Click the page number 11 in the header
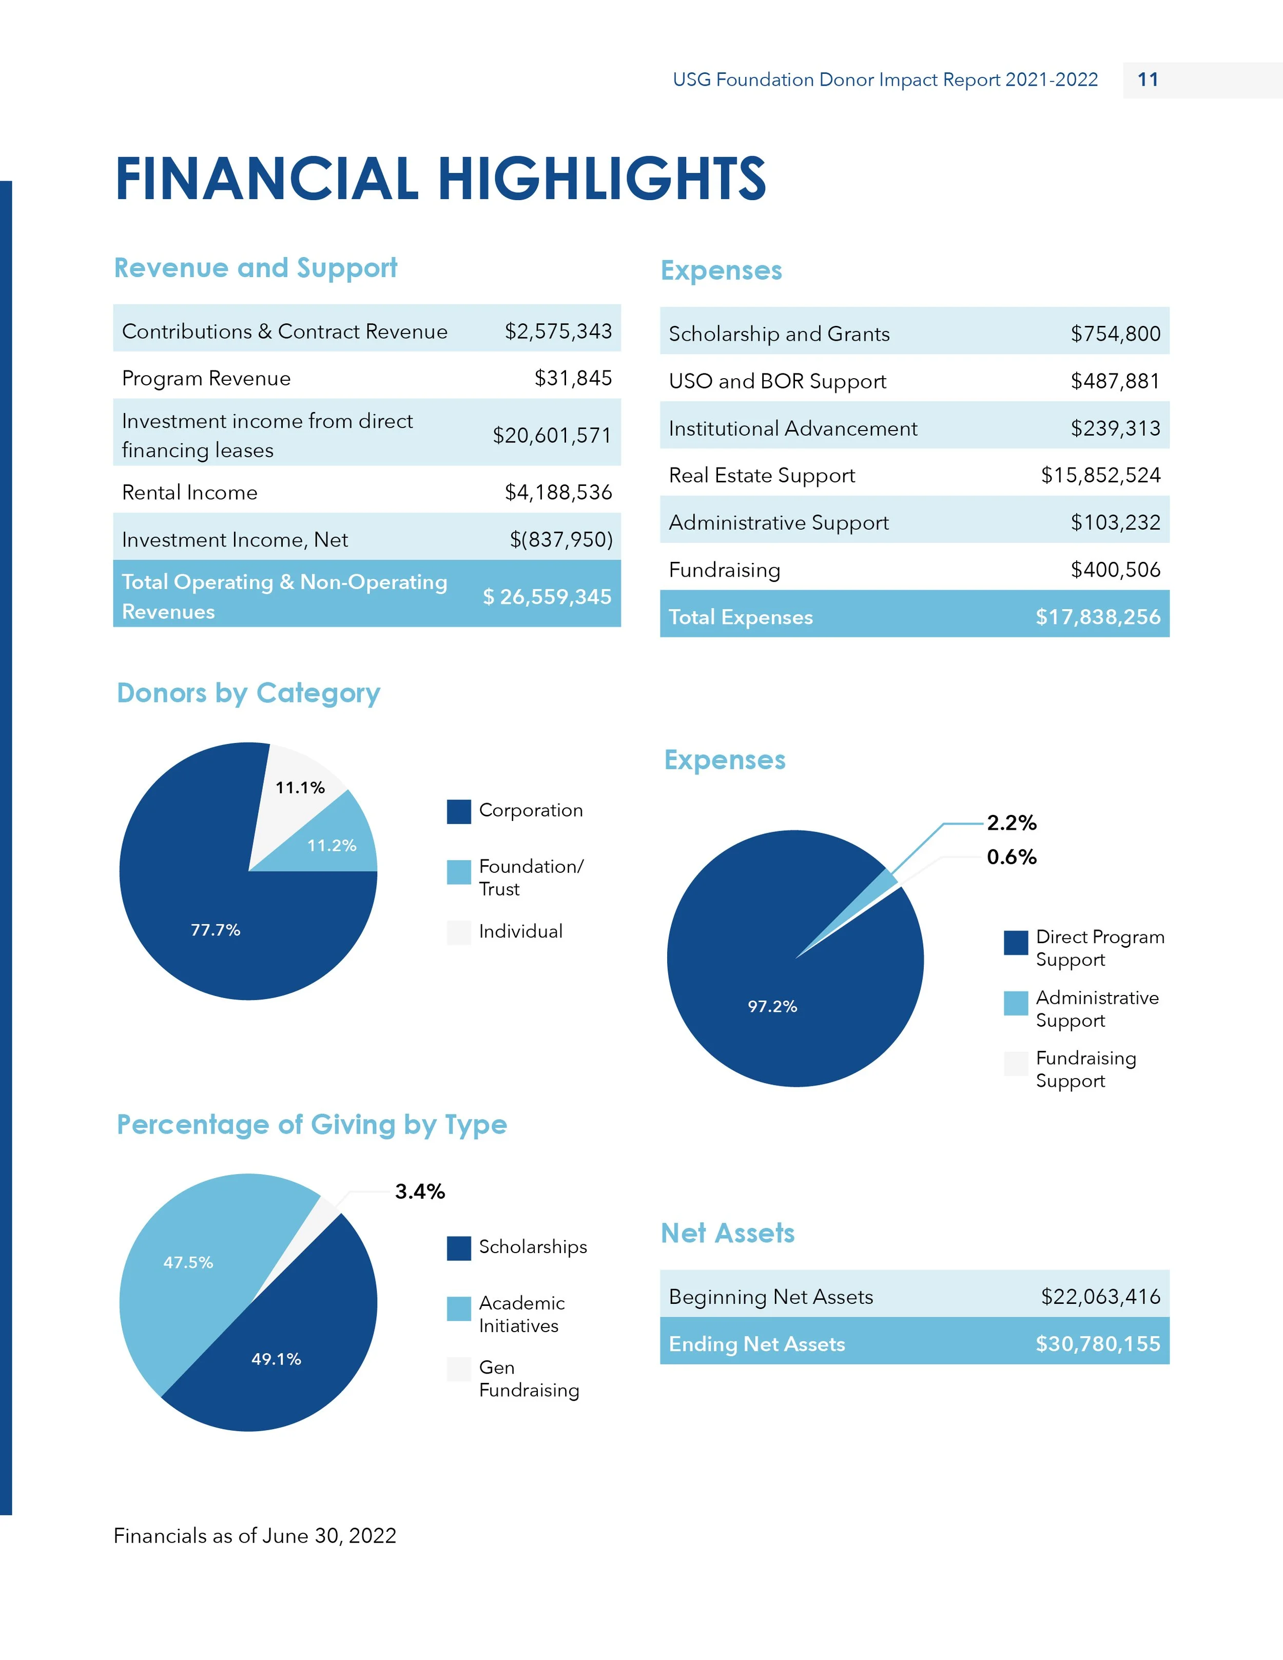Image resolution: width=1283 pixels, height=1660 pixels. [x=1148, y=80]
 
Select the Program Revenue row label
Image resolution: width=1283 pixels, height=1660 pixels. [x=206, y=379]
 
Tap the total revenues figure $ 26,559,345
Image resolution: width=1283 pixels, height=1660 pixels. [x=547, y=597]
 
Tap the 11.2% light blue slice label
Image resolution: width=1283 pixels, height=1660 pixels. [x=332, y=845]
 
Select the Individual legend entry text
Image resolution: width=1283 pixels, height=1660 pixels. [x=521, y=931]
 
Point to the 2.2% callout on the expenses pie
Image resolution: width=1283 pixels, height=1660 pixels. [x=1011, y=823]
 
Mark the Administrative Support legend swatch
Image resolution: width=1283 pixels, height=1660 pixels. [x=1016, y=1003]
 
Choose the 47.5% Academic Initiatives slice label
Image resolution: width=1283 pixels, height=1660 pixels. [x=188, y=1262]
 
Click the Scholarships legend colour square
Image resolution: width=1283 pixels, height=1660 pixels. [x=458, y=1248]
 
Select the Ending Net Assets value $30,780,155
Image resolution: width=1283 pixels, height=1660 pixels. [x=1098, y=1344]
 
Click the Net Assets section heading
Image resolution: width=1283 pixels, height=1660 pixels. [x=727, y=1233]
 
